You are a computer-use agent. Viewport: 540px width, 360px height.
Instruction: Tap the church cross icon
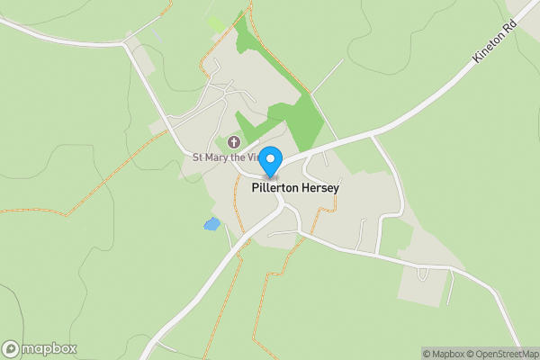234,142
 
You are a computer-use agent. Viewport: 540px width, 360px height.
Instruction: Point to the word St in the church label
199,157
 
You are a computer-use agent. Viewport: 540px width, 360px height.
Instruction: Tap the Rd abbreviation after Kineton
514,35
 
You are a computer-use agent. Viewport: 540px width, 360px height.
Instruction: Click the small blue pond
211,224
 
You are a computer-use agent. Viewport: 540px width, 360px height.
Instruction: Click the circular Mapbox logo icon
12,348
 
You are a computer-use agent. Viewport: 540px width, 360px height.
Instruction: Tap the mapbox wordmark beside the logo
49,348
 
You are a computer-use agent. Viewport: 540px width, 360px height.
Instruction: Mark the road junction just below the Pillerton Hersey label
283,204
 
